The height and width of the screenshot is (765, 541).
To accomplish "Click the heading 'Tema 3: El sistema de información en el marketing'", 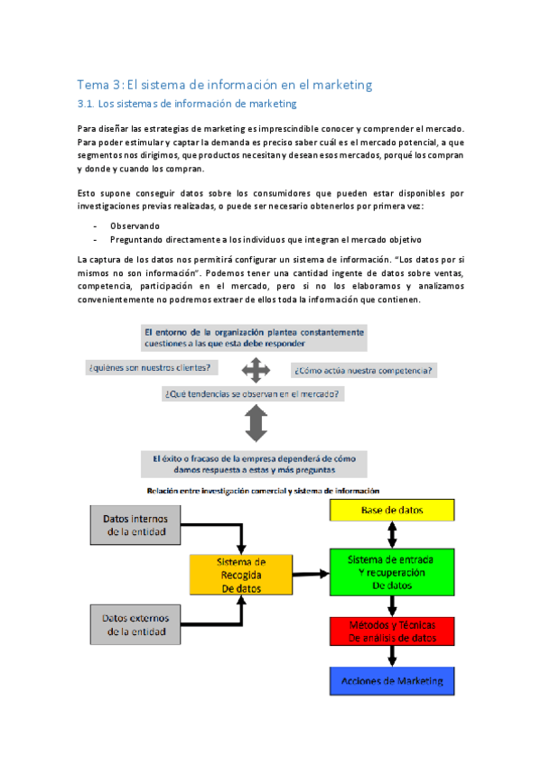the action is [224, 85].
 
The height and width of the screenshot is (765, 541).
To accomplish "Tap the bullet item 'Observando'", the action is [135, 226].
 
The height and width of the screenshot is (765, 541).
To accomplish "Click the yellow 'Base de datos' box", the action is [391, 511].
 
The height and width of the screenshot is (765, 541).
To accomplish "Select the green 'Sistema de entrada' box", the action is [391, 572].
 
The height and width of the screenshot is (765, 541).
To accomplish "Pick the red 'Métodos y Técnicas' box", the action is [391, 631].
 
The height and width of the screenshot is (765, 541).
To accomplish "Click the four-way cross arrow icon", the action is [256, 369].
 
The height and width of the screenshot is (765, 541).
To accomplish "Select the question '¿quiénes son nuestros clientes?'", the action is [150, 367].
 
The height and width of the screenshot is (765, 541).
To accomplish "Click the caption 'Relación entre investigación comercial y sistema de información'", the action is [263, 490].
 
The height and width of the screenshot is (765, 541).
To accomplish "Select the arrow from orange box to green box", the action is [310, 573].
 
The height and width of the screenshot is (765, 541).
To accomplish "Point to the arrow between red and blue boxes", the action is [393, 656].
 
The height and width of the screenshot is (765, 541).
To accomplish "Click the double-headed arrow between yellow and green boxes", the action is [393, 535].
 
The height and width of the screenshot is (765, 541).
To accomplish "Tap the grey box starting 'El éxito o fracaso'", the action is [255, 464].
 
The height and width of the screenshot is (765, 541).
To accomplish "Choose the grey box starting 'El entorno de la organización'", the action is [254, 337].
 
